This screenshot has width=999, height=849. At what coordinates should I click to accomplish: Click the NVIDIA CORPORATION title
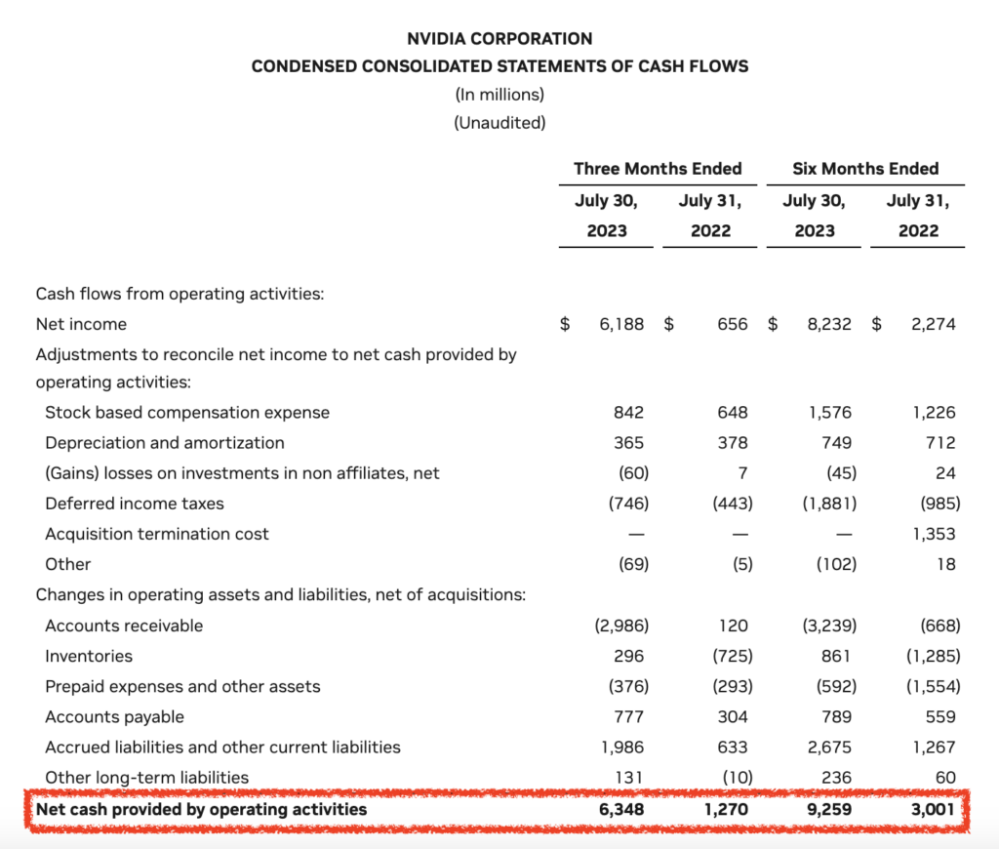499,39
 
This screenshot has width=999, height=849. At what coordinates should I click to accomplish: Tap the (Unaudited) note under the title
499,122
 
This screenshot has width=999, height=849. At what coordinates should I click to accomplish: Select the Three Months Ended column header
658,168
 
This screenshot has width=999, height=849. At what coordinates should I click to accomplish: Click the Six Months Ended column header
865,168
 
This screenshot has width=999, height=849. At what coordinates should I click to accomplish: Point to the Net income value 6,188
621,324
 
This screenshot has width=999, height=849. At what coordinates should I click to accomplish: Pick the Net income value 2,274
934,324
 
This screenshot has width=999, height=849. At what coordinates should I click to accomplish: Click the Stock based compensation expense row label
187,413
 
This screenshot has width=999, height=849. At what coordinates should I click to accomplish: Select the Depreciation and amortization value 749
836,443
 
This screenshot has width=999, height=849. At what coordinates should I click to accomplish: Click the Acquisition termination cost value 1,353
934,534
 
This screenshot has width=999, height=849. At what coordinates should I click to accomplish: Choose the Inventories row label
89,656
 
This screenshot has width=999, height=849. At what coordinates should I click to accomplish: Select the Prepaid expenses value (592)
836,686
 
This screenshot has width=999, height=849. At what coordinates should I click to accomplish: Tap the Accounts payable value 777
629,717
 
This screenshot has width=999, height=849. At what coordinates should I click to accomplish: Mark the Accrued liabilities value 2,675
829,747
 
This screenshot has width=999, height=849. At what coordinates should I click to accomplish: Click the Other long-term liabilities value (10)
738,778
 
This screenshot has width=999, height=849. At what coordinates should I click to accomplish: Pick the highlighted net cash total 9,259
829,810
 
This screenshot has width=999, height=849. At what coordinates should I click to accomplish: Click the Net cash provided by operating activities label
201,810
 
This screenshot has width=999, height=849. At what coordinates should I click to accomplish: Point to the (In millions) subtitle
499,95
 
